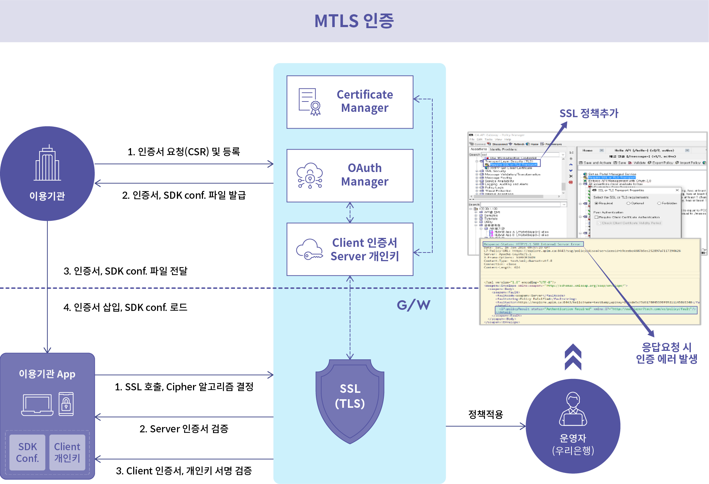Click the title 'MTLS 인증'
pyautogui.click(x=354, y=21)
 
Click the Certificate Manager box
pyautogui.click(x=350, y=102)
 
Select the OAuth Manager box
pyautogui.click(x=350, y=176)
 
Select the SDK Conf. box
pyautogui.click(x=27, y=452)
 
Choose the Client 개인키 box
pyautogui.click(x=67, y=452)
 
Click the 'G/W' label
pyautogui.click(x=413, y=305)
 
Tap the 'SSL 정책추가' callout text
pyautogui.click(x=589, y=113)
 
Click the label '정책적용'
pyautogui.click(x=485, y=414)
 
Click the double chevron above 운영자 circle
pyautogui.click(x=573, y=357)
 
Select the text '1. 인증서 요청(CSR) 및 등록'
pyautogui.click(x=184, y=152)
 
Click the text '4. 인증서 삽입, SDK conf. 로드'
pyautogui.click(x=125, y=307)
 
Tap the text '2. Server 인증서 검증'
pyautogui.click(x=184, y=429)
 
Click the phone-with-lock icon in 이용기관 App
pyautogui.click(x=66, y=404)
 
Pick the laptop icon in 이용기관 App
pyautogui.click(x=37, y=405)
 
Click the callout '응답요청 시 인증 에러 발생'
pyautogui.click(x=666, y=353)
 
